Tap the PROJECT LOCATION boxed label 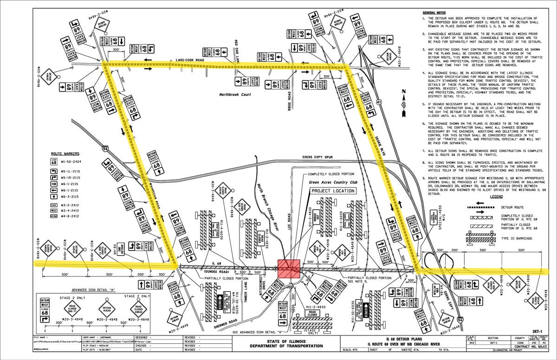pyautogui.click(x=333, y=191)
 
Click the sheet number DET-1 pyautogui.click(x=538, y=331)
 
